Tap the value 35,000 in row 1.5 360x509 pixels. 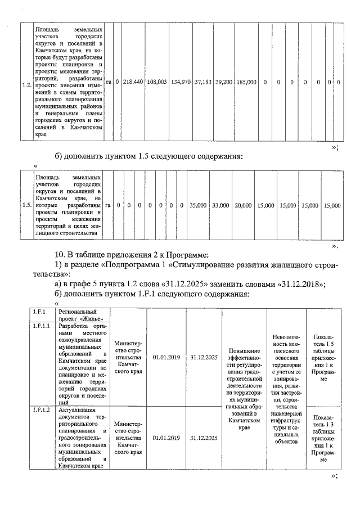[x=198, y=206]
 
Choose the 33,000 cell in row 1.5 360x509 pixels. [x=220, y=206]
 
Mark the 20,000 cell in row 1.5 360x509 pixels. [x=243, y=206]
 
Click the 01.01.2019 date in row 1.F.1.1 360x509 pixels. [x=166, y=357]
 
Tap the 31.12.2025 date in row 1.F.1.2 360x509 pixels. [x=204, y=437]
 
